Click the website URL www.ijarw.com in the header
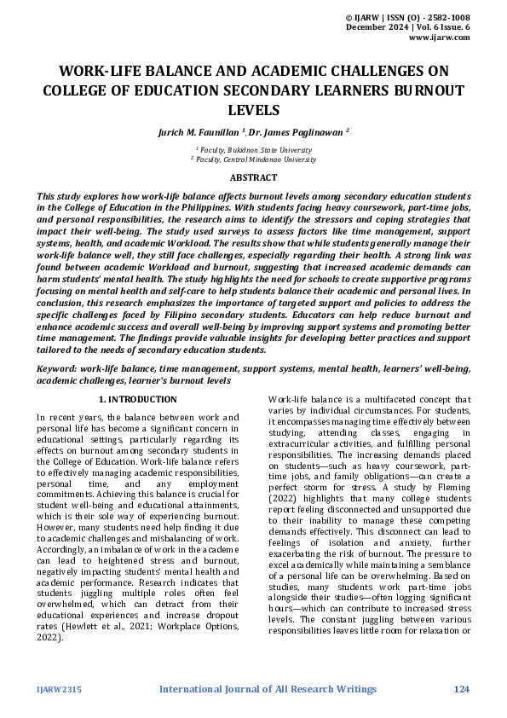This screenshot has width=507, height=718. (x=440, y=38)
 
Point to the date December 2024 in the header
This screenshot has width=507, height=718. (x=377, y=28)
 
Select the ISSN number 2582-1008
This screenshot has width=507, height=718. (x=446, y=17)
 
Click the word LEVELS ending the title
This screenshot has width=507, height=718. (x=253, y=110)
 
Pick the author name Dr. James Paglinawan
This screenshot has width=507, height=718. (x=297, y=132)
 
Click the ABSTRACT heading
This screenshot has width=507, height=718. (x=253, y=177)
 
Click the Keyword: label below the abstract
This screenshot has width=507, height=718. (x=56, y=369)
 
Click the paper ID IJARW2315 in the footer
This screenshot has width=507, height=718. (x=57, y=689)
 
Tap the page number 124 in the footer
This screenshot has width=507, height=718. (x=461, y=689)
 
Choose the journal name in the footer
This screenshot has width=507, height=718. (x=268, y=689)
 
